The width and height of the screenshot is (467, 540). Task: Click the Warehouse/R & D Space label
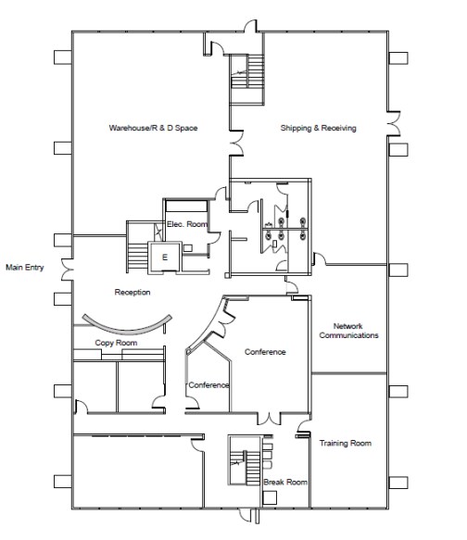[x=154, y=127]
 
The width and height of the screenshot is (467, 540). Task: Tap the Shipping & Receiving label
[x=319, y=127]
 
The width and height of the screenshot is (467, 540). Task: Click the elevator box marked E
[x=165, y=257]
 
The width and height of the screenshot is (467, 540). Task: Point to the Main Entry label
[x=27, y=270]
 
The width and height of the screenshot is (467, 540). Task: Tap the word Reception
[x=133, y=293]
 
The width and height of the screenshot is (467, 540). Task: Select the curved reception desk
[x=126, y=325]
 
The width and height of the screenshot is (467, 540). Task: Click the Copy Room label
[x=116, y=343]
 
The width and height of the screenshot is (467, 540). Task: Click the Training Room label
[x=346, y=444]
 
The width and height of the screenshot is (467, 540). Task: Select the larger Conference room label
[x=265, y=352]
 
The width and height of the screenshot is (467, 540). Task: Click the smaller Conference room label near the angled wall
[x=208, y=385]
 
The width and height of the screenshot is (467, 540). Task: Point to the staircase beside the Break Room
[x=243, y=464]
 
